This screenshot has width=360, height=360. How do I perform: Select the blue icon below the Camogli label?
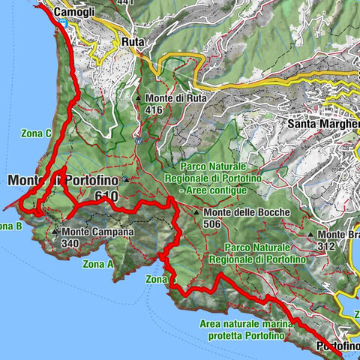coord(64,24)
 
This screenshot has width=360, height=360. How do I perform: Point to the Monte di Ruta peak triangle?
coord(139,97)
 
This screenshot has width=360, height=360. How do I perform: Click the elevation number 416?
coord(154,110)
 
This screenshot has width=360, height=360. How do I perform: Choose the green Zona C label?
coord(36,133)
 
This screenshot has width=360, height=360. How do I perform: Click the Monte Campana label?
coord(97,232)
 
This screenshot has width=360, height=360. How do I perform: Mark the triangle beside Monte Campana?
coord(55,232)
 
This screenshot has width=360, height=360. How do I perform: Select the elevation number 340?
coord(71,243)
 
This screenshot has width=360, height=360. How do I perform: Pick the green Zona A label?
coord(98,264)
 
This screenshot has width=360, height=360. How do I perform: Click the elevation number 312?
coord(324,246)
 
